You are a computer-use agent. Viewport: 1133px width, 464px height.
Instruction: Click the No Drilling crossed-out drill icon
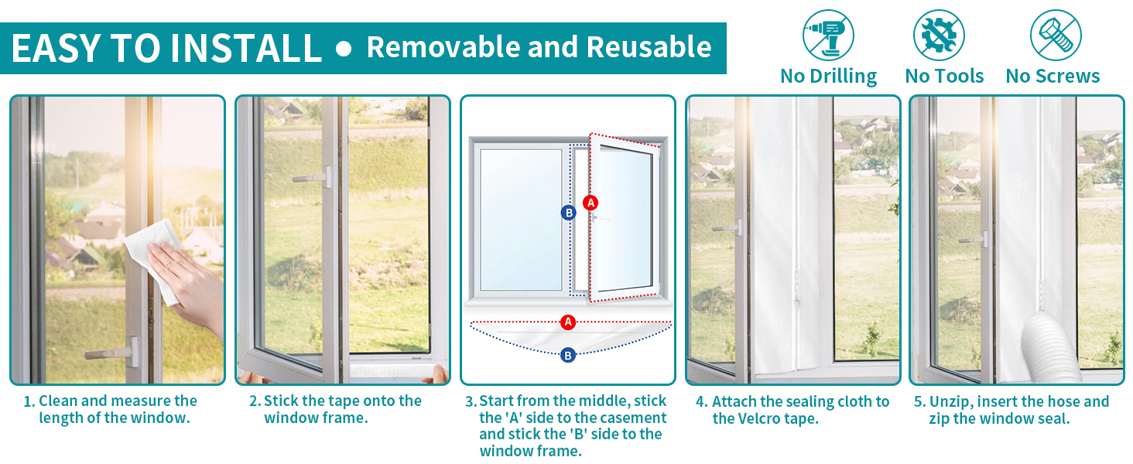point(828,36)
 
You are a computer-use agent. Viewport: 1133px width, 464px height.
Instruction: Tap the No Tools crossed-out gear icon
point(939,36)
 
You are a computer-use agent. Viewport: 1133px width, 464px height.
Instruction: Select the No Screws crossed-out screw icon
point(1056,36)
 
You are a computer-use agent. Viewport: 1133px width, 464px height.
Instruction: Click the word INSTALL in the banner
point(246,48)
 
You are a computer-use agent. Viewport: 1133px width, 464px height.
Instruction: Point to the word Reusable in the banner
point(649,47)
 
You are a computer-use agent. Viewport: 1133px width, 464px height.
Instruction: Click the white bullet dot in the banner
point(344,49)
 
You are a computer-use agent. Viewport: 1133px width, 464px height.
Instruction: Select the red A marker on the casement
point(590,203)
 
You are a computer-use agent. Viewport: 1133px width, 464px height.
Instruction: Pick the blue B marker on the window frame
point(569,213)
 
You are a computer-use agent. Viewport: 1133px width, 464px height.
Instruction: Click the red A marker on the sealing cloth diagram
point(568,322)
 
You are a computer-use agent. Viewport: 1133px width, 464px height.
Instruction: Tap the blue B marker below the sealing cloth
point(568,355)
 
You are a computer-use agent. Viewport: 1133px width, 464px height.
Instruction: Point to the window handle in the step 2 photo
point(313,177)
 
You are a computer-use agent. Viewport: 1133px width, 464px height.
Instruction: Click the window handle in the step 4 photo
point(727,228)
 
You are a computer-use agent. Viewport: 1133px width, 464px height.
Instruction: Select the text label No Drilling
point(829,77)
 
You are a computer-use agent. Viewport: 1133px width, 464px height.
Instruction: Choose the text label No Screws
point(1053,77)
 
